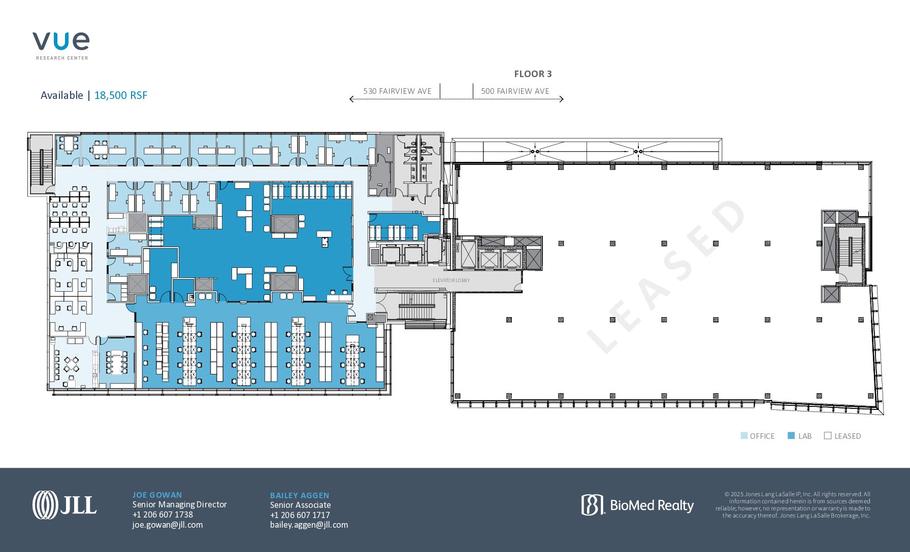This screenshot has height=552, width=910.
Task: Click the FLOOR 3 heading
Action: point(533,74)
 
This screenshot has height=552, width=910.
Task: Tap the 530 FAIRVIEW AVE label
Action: point(397,91)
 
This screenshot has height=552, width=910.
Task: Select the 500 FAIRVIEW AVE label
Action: point(515,91)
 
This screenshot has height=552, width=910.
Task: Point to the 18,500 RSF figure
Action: point(121,95)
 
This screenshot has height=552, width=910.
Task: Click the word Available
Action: point(61,95)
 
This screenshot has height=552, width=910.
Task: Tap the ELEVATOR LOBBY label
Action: point(451,281)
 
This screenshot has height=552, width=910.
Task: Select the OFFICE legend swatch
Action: point(744,436)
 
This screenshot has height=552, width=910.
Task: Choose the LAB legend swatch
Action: point(791,436)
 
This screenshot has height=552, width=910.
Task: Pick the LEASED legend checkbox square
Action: point(828,436)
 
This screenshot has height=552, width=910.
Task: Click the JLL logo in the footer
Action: point(64,505)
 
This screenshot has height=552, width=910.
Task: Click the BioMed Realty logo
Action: point(637,505)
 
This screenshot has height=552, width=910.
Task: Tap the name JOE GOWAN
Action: point(157,495)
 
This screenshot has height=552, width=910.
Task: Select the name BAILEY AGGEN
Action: point(300,496)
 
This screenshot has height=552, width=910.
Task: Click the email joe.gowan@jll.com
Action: point(168,525)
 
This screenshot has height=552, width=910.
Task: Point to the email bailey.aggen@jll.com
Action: point(309,525)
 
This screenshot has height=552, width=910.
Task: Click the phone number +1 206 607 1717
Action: point(300,515)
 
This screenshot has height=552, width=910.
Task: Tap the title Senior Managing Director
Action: point(180,505)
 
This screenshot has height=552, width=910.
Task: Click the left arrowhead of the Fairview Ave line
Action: point(351,99)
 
